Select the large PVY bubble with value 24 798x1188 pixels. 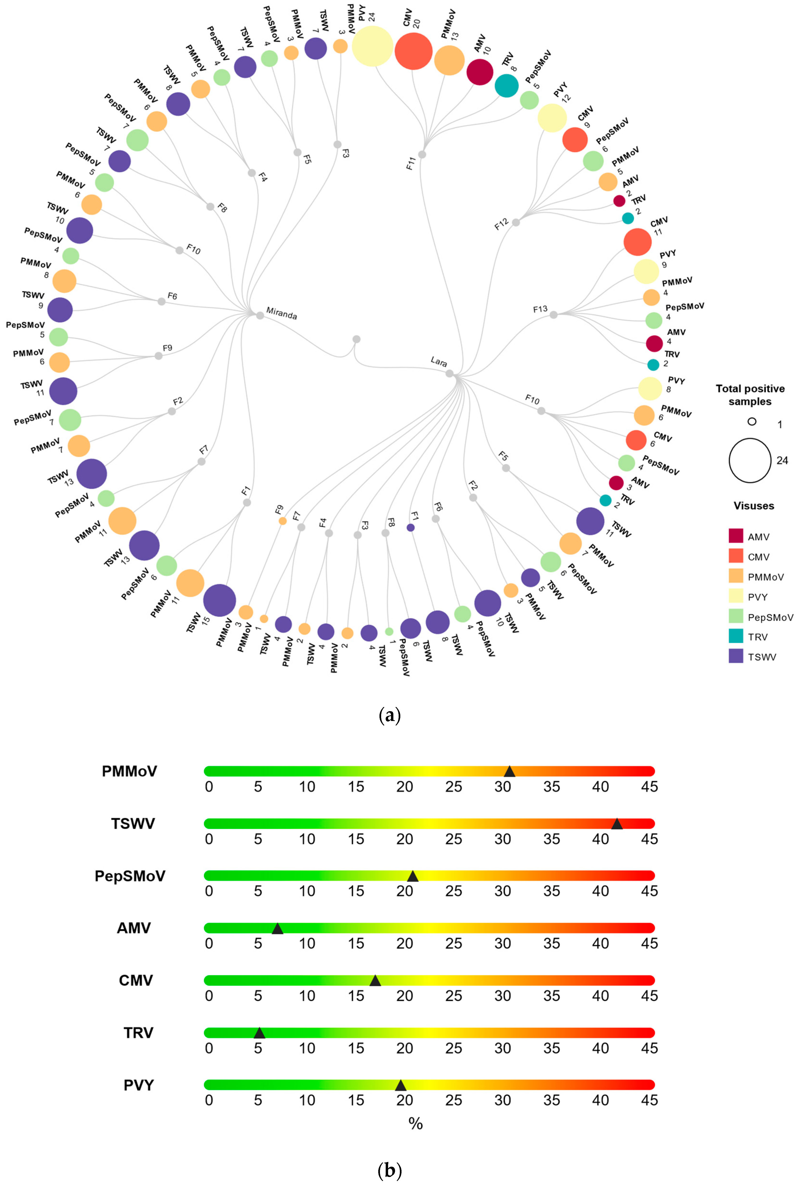[x=372, y=46]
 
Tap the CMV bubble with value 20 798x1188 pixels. [x=413, y=51]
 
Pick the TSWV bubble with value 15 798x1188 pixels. [x=219, y=600]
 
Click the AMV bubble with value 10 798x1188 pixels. [x=480, y=72]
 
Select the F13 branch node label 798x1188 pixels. [x=540, y=309]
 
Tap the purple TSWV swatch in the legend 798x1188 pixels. [x=736, y=657]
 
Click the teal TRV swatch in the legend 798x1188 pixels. [x=736, y=636]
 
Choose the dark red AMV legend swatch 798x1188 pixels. [x=736, y=536]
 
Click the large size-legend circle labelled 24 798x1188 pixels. [x=749, y=460]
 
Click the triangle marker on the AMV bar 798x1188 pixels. [x=277, y=929]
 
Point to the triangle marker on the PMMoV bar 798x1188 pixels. [x=509, y=772]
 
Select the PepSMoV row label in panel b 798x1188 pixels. [x=130, y=876]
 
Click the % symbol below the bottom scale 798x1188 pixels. [x=415, y=1123]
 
